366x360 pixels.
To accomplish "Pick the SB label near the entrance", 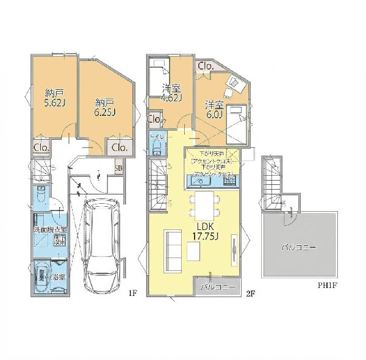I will [x=119, y=168].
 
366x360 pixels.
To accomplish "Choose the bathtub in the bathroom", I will [x=43, y=278].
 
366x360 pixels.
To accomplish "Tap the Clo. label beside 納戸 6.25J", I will [x=118, y=147].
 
